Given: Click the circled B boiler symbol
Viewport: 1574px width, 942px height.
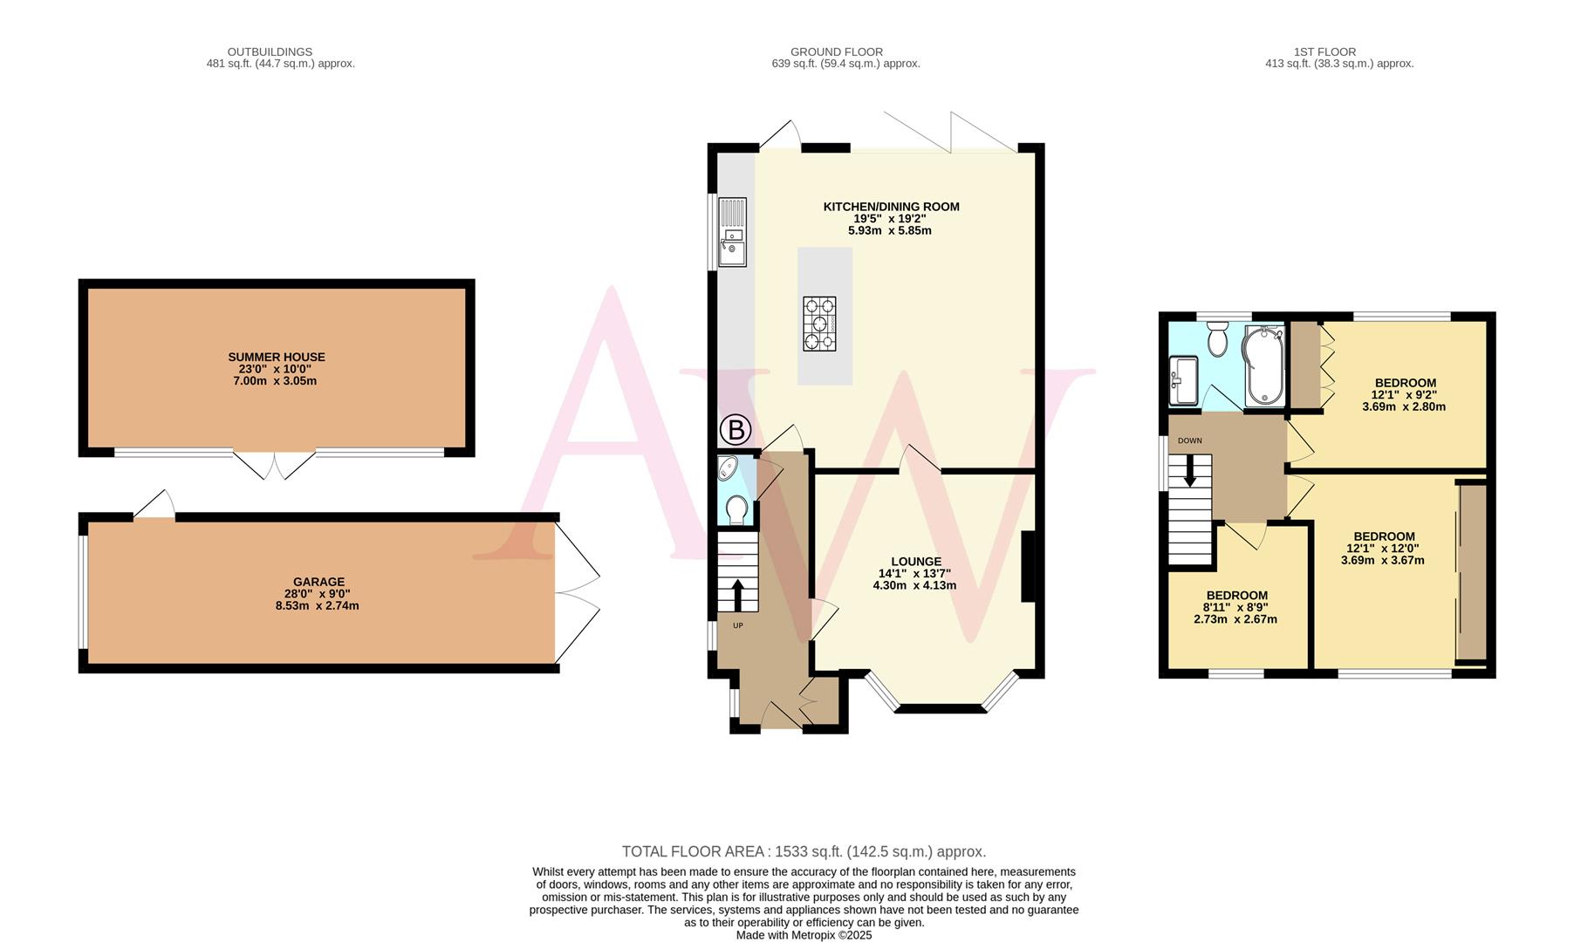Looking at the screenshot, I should click(x=736, y=430).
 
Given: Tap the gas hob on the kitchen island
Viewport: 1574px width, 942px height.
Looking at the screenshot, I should click(x=819, y=324).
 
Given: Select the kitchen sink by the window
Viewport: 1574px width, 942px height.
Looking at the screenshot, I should click(x=732, y=232).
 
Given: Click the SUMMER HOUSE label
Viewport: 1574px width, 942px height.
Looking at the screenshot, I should click(x=277, y=357).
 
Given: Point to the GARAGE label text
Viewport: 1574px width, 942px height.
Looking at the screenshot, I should click(x=318, y=582).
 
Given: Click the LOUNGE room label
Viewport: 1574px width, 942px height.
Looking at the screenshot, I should click(x=916, y=562).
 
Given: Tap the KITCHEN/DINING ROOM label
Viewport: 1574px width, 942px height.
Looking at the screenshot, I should click(x=891, y=207).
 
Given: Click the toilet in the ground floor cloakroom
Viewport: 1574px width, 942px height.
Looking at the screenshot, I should click(x=736, y=510).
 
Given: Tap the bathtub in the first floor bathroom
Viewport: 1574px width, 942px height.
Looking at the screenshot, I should click(x=1263, y=366).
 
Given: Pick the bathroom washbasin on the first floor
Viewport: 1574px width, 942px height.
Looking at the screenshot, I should click(x=1183, y=380).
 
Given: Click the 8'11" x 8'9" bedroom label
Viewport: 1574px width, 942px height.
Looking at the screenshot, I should click(x=1236, y=596).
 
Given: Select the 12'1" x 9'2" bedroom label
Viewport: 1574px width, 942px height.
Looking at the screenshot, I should click(x=1405, y=383).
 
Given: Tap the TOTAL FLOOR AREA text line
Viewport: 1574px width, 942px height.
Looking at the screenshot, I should click(x=804, y=851).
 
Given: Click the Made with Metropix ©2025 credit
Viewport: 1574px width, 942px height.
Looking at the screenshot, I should click(x=804, y=935).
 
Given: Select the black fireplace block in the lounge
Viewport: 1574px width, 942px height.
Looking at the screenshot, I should click(x=1028, y=566).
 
